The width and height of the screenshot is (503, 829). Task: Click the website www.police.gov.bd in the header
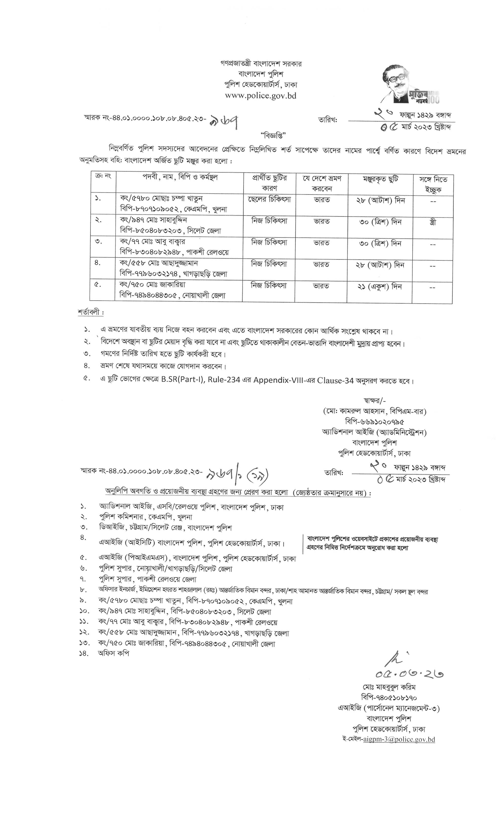click(261, 95)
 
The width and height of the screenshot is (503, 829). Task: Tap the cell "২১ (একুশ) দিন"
click(380, 287)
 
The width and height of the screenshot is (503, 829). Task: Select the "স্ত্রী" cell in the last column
click(433, 222)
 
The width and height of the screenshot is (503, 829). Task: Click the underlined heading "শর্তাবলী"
click(90, 312)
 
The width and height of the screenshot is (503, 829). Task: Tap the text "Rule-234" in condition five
click(224, 380)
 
